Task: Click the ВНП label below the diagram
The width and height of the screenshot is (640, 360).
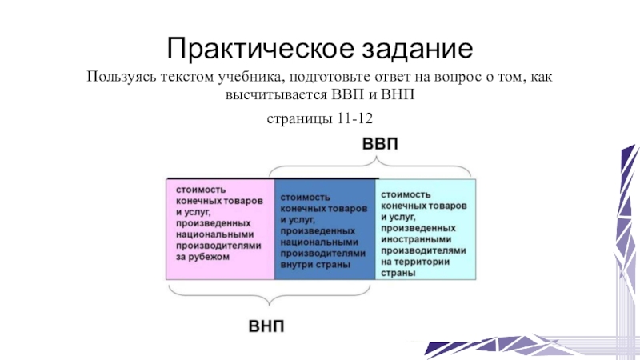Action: click(270, 327)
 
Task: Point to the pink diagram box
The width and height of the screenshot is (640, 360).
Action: click(219, 229)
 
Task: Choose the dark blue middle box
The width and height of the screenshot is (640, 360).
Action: click(323, 229)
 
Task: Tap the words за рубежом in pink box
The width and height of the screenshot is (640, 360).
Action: click(203, 258)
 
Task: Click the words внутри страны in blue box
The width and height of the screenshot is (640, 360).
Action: click(318, 264)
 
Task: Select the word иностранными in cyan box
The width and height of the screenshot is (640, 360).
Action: click(414, 238)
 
